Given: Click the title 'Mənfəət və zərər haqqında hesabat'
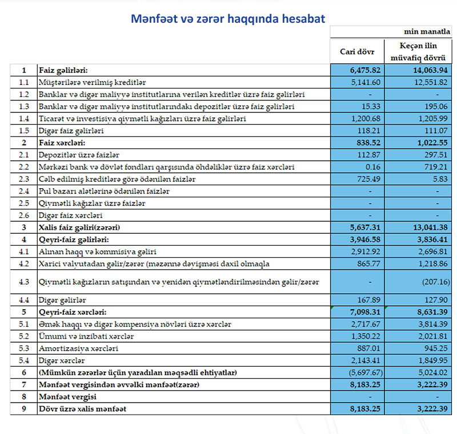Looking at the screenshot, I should [x=228, y=19].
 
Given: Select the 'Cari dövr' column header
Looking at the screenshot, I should [x=357, y=52].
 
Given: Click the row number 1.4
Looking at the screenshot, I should [x=23, y=119].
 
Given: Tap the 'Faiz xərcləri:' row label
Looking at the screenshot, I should [x=62, y=143].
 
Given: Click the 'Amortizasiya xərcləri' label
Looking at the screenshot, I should [x=77, y=348].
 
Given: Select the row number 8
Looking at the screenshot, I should [x=23, y=396].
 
